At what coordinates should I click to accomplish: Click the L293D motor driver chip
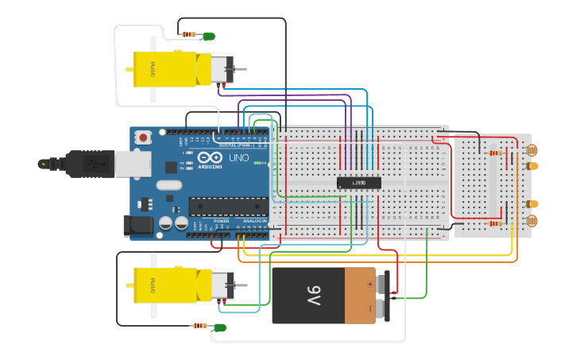(x=359, y=183)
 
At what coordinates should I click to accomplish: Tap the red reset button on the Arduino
(x=143, y=137)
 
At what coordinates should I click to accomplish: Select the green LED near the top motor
(x=209, y=36)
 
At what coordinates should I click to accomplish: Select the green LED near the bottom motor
(x=220, y=327)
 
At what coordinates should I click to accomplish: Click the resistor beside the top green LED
(x=189, y=34)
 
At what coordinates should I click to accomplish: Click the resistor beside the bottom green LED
(x=199, y=326)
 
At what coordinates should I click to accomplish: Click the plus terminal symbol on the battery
(x=369, y=283)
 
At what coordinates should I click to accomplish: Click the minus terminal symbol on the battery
(x=369, y=308)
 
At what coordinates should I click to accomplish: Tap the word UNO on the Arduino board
(x=239, y=159)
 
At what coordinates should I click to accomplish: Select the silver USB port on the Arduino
(x=133, y=164)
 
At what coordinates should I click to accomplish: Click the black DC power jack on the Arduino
(x=138, y=226)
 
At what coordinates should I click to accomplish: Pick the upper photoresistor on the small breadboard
(x=532, y=149)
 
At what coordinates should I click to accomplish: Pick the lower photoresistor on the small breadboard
(x=532, y=220)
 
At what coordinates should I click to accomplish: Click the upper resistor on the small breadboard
(x=496, y=153)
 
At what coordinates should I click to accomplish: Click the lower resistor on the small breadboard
(x=496, y=223)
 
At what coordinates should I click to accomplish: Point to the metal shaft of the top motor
(x=239, y=69)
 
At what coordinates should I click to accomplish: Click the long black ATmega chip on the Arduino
(x=227, y=206)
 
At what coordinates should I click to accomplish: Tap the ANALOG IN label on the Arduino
(x=255, y=221)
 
